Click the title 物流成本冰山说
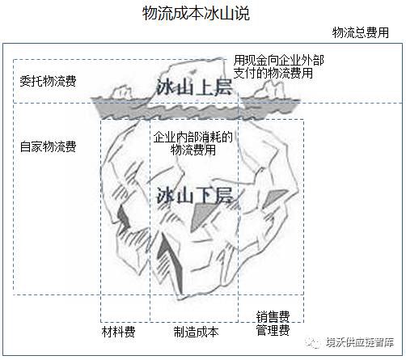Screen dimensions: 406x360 coord(196,13)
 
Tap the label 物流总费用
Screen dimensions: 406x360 coord(361,32)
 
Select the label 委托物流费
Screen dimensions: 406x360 coord(48,81)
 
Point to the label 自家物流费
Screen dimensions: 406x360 coord(48,146)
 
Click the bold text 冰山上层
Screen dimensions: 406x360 coord(194,87)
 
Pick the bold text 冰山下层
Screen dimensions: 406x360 coord(194,195)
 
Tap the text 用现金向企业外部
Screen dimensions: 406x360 coord(279,60)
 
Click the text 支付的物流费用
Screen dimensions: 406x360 coord(273,73)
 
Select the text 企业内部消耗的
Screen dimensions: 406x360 coord(193,137)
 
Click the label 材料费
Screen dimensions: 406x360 coord(118,332)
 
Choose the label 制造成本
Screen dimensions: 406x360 coord(196,332)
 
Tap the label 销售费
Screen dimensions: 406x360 coord(273,316)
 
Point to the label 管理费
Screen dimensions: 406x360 coord(273,330)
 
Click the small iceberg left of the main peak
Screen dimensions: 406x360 coord(123,92)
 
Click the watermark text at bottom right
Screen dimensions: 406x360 coord(360,342)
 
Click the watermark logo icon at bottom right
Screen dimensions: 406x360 coord(313,342)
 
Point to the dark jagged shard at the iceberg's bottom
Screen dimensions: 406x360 coord(171,260)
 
